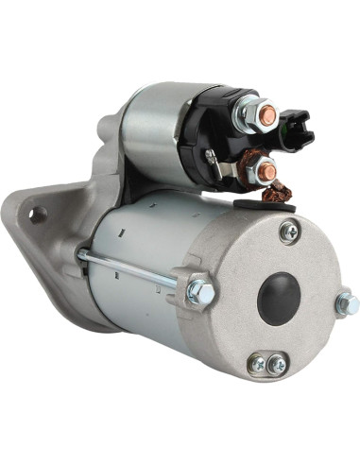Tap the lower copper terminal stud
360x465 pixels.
coord(267,170)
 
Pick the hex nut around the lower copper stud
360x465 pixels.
coord(257,174)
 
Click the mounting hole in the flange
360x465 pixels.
coord(37,215)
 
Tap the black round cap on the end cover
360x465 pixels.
coord(279,298)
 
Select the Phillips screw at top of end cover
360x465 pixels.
coord(289,231)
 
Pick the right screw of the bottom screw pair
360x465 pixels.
coord(276,364)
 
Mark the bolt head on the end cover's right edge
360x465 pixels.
coord(347,303)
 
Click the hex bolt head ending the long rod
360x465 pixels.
coord(200,292)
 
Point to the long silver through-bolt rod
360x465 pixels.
coord(132,268)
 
